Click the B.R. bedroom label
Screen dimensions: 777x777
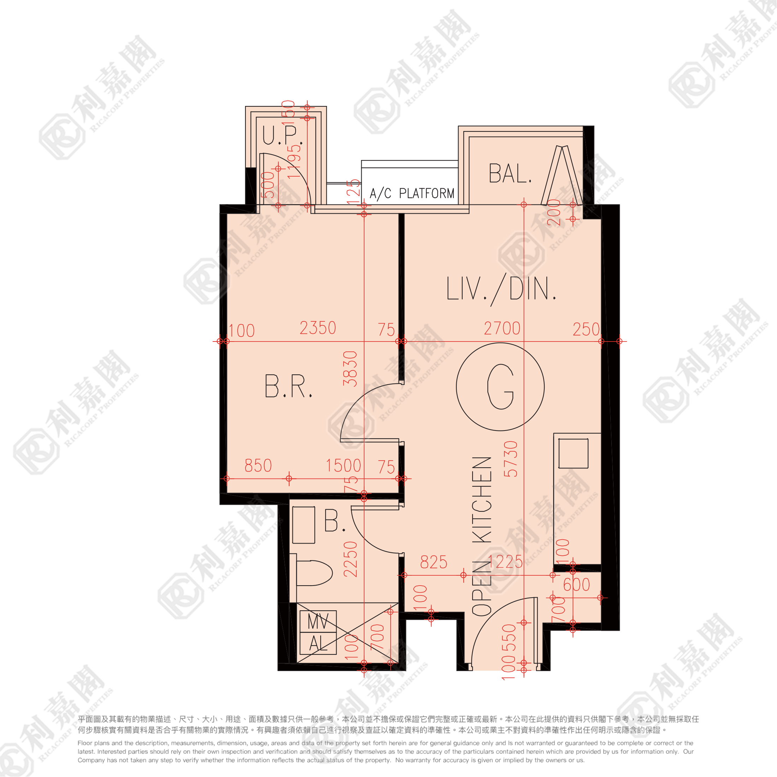pos(288,386)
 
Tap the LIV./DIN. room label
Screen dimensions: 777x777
pos(501,289)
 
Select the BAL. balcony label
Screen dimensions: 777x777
pos(510,174)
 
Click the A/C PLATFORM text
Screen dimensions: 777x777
pos(412,194)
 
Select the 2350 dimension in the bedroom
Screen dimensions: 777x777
pos(318,328)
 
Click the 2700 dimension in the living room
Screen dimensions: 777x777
pos(502,328)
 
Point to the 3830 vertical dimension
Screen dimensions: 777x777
pos(350,368)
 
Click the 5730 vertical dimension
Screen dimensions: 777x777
pos(511,459)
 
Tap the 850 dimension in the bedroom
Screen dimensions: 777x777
pos(258,466)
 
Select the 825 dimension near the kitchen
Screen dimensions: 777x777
pos(434,562)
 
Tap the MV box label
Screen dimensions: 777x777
pos(318,621)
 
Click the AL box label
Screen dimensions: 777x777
pos(318,643)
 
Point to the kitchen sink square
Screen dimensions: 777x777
pos(573,453)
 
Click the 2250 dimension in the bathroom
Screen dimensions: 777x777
pos(350,559)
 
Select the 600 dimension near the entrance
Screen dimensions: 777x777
pos(576,585)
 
